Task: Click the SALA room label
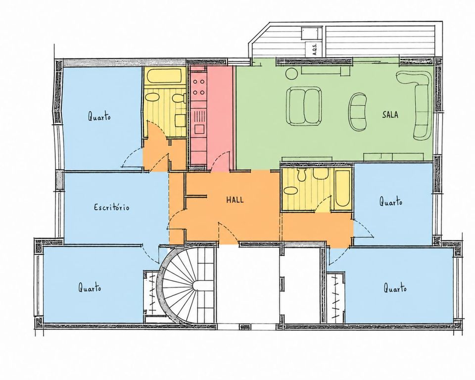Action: (x=390, y=115)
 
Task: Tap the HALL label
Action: (x=235, y=200)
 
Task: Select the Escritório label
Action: (x=112, y=207)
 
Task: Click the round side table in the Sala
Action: (x=292, y=73)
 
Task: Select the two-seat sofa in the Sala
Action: (x=304, y=106)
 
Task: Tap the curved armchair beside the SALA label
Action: (x=358, y=112)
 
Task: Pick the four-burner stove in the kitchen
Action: (x=199, y=87)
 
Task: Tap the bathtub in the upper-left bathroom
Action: (x=164, y=76)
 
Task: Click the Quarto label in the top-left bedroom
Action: (x=99, y=116)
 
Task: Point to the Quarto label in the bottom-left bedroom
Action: (x=90, y=287)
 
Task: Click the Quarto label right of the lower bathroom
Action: (x=391, y=201)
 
